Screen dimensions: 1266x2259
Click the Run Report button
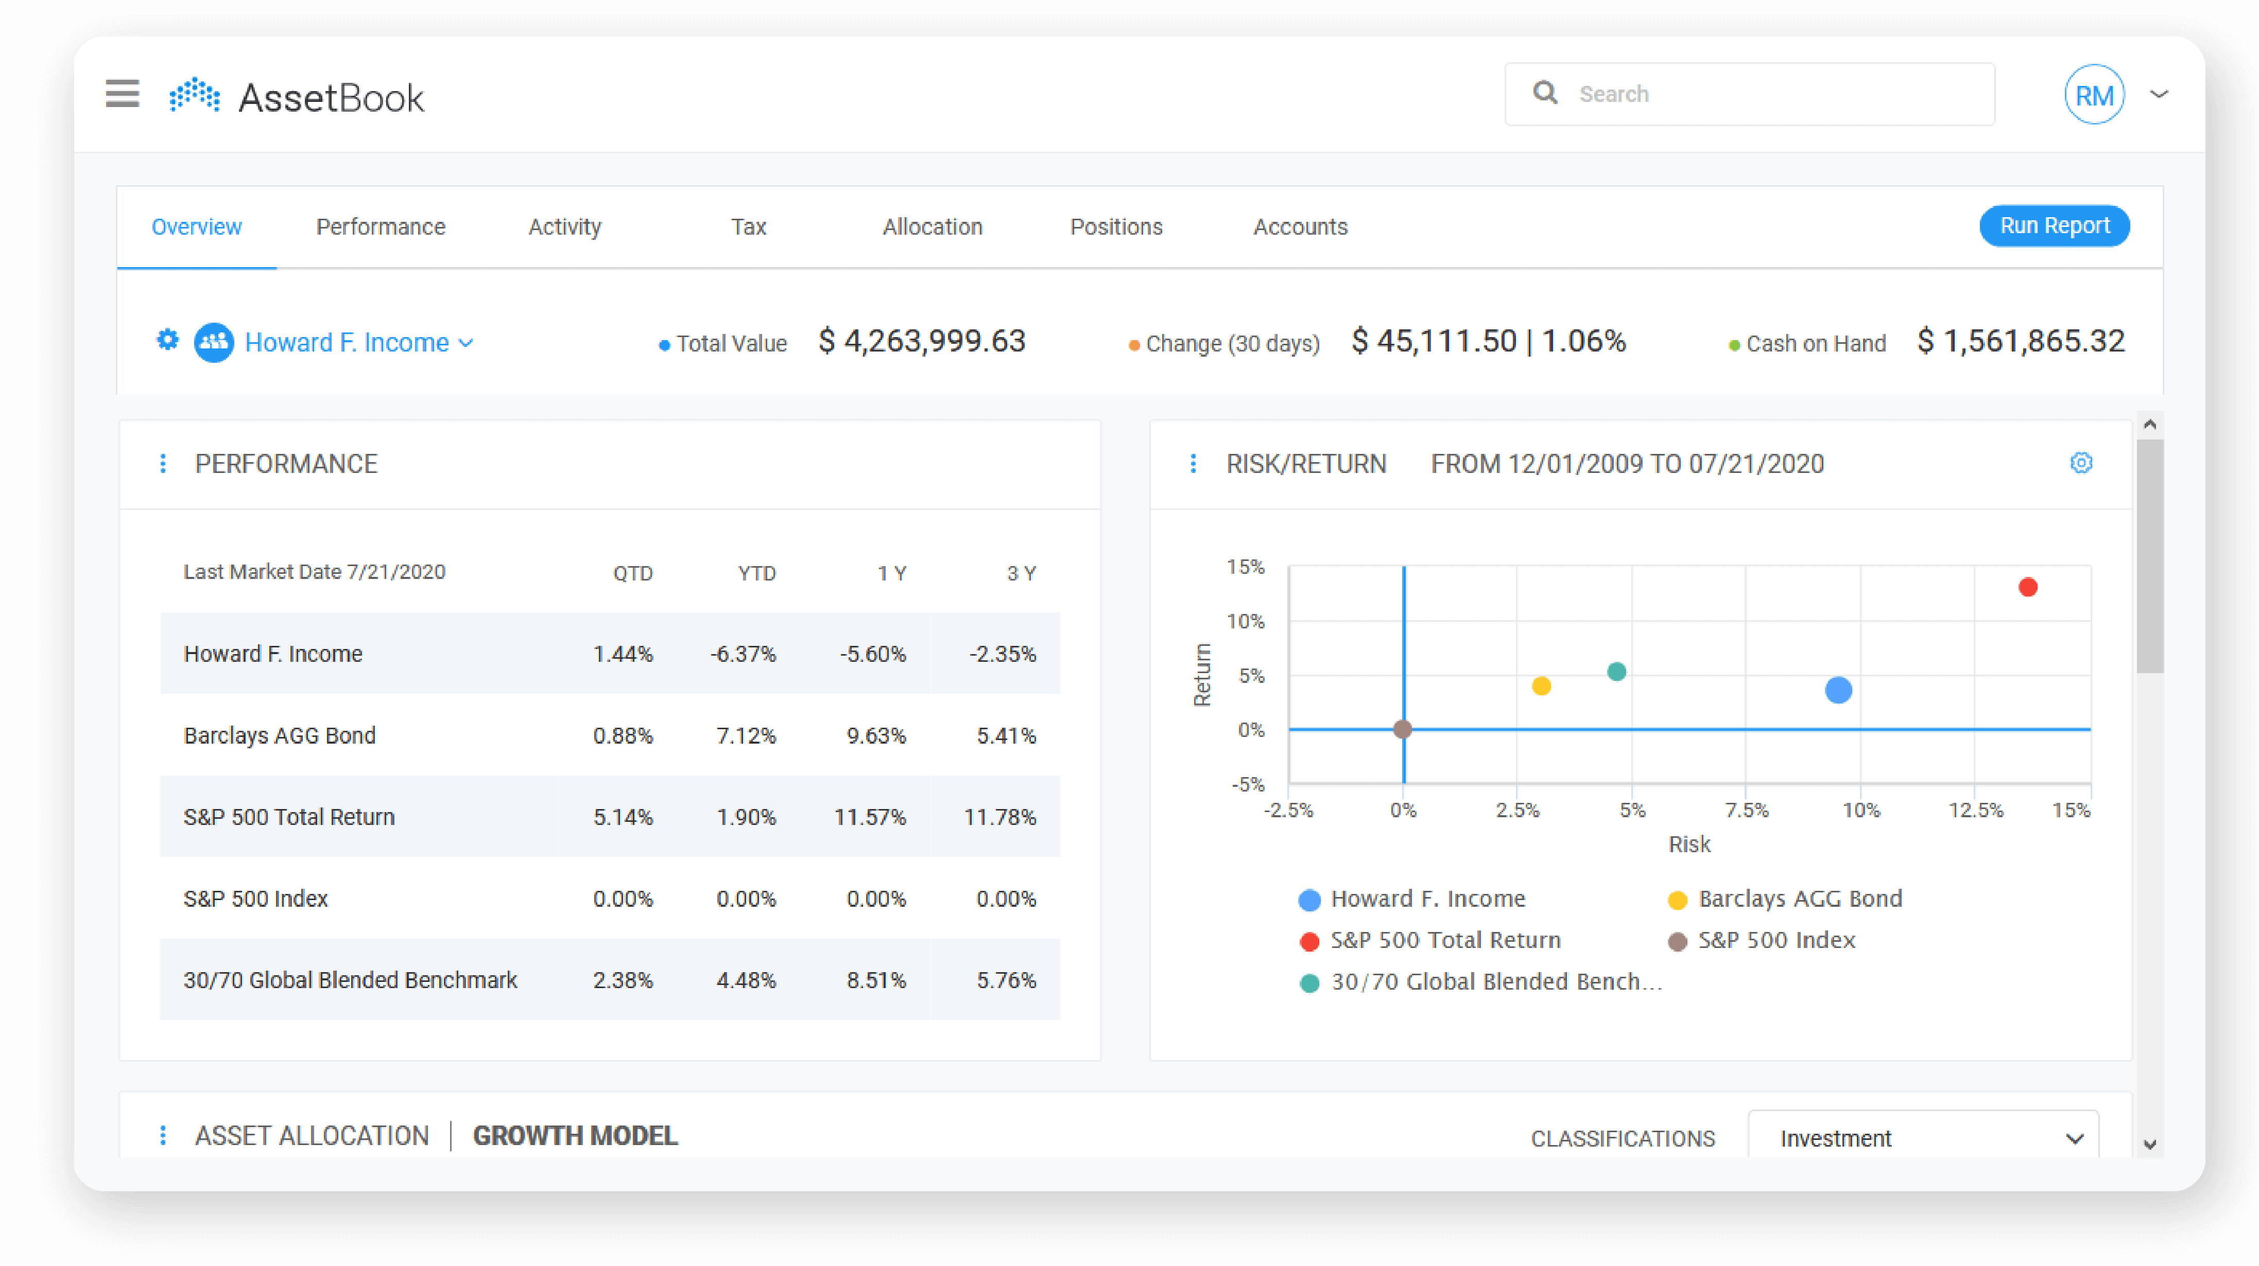[x=2054, y=226]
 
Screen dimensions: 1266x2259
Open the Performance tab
[x=381, y=227]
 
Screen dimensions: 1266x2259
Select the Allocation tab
[x=932, y=227]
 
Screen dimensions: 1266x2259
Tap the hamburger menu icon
[x=123, y=93]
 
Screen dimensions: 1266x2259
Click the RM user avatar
[x=2094, y=95]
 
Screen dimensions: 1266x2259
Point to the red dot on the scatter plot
[x=2027, y=587]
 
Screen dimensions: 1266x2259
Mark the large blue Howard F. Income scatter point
[x=1838, y=691]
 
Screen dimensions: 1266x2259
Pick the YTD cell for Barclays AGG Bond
[x=746, y=735]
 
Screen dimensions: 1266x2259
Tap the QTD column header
[x=632, y=573]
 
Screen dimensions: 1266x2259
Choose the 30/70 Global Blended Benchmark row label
[x=350, y=980]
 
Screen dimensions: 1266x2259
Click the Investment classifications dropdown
[x=1923, y=1138]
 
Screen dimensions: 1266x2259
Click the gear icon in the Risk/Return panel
[x=2081, y=463]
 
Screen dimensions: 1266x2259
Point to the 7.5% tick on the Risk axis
[x=1746, y=810]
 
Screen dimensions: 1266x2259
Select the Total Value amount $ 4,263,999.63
[x=922, y=341]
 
